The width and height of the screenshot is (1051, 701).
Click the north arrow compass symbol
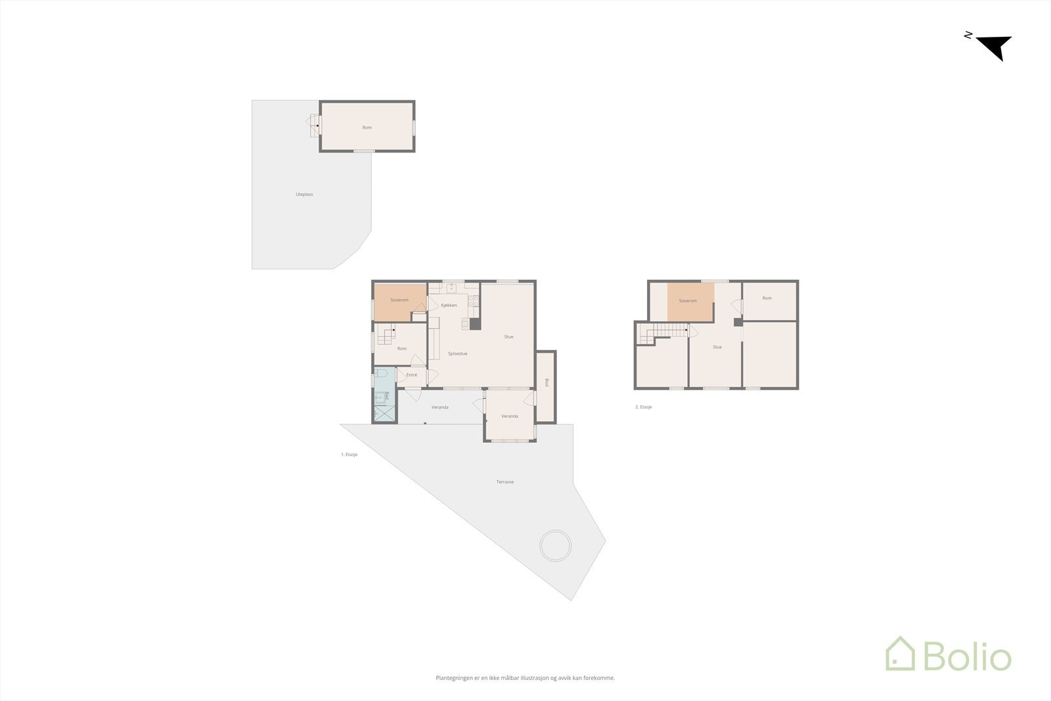pyautogui.click(x=995, y=47)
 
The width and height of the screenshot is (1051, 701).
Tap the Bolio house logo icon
pyautogui.click(x=900, y=654)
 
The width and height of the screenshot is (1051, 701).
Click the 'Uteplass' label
pyautogui.click(x=304, y=194)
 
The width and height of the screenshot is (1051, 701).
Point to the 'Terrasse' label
pyautogui.click(x=505, y=482)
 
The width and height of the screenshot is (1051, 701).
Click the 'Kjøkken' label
pyautogui.click(x=449, y=305)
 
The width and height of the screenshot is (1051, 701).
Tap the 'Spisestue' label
pyautogui.click(x=457, y=353)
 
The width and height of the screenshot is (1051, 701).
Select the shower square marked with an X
pyautogui.click(x=384, y=413)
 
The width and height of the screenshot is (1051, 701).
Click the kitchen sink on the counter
pyautogui.click(x=451, y=287)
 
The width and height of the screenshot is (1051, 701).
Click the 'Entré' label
pyautogui.click(x=412, y=375)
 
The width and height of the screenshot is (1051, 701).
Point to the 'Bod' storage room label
pyautogui.click(x=547, y=382)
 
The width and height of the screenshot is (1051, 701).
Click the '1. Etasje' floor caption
pyautogui.click(x=349, y=454)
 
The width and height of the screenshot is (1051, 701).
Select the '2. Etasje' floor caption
pyautogui.click(x=644, y=407)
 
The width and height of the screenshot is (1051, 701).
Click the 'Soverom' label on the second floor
pyautogui.click(x=688, y=301)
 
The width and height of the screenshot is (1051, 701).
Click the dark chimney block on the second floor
pyautogui.click(x=738, y=322)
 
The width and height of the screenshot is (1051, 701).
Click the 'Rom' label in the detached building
pyautogui.click(x=367, y=127)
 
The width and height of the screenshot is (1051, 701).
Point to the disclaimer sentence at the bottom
pyautogui.click(x=525, y=678)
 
